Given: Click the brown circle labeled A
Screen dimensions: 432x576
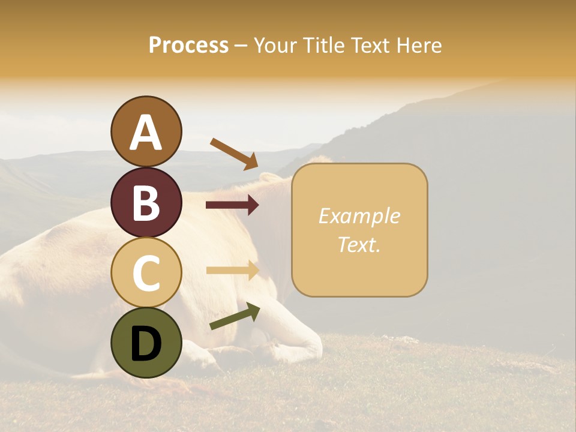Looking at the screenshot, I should (146, 131).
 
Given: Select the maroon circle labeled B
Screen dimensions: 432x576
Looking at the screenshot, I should (146, 202).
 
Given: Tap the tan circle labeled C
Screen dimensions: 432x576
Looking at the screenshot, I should (146, 272).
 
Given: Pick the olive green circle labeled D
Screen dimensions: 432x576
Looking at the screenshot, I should (146, 343).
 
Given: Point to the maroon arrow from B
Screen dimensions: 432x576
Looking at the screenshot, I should (232, 205).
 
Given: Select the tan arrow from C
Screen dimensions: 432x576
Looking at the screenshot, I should (232, 270).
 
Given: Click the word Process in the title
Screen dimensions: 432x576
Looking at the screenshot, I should (188, 45).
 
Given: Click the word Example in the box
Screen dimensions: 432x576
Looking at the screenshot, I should (359, 216).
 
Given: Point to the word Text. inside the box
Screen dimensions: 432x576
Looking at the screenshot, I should (359, 245).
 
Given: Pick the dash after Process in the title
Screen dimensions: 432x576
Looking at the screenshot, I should (241, 46).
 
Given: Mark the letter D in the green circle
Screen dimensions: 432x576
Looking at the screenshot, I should (146, 343).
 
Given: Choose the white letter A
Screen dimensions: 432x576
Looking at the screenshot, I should (146, 132).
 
